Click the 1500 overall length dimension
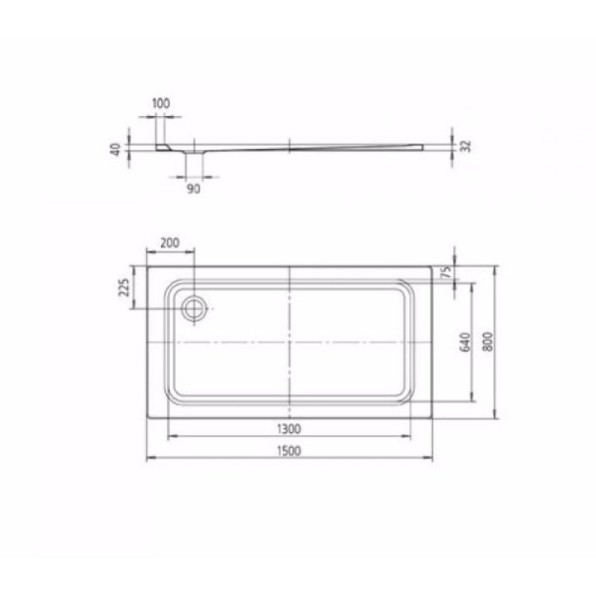(x=289, y=450)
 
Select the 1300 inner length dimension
(x=289, y=428)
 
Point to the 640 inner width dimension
(x=463, y=343)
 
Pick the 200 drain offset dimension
(x=170, y=243)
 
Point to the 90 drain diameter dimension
(x=193, y=189)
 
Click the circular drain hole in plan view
(x=194, y=308)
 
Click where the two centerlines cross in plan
(x=289, y=343)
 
